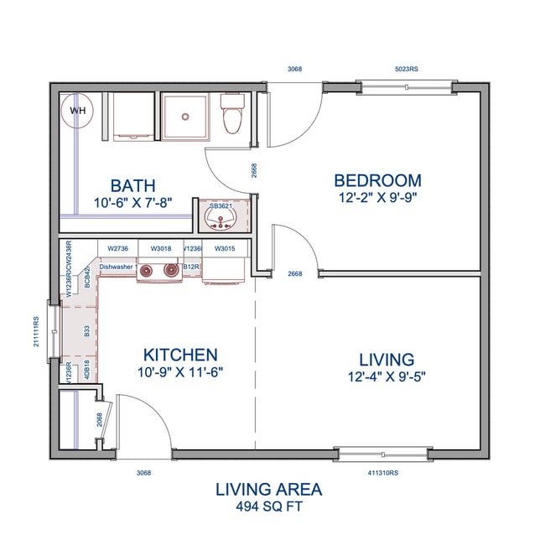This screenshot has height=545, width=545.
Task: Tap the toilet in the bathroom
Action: coord(231,117)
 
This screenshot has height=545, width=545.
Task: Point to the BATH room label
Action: coord(133,185)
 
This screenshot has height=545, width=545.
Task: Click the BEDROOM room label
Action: coord(377,180)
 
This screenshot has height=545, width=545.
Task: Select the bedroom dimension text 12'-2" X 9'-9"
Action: coord(377,197)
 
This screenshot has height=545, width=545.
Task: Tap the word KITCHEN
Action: coord(180,355)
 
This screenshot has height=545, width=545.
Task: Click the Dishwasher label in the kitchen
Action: coord(117,267)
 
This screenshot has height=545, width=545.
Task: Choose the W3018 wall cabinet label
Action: coord(161,248)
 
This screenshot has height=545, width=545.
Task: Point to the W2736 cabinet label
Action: coord(118,248)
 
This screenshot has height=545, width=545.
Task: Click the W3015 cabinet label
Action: coord(224,248)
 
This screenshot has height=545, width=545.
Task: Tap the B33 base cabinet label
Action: coord(87,332)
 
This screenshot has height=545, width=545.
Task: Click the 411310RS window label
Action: coord(383,473)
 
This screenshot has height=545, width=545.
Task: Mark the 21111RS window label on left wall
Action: coord(37,331)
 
